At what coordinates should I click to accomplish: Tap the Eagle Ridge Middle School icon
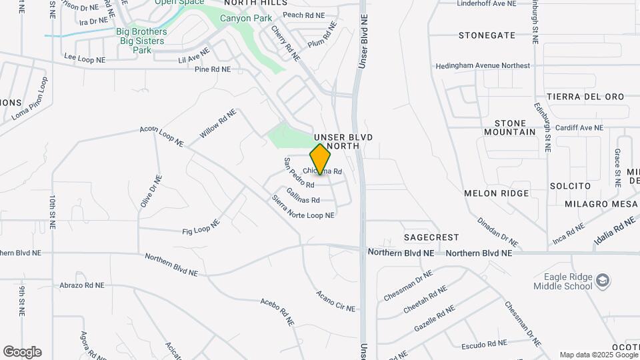[603, 279]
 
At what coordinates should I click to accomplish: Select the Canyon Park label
[246, 18]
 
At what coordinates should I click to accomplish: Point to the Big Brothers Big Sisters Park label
[141, 40]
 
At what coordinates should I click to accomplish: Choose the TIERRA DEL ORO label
[585, 97]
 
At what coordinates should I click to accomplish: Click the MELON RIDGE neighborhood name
[496, 193]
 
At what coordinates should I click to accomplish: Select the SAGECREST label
[431, 237]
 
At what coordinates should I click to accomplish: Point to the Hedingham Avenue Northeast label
[483, 66]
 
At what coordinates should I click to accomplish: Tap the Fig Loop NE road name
[201, 227]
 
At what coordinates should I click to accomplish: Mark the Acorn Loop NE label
[161, 135]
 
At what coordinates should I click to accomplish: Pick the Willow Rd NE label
[218, 124]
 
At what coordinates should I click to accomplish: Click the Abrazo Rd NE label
[80, 285]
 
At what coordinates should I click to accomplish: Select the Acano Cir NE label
[336, 301]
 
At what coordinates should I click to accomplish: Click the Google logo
[22, 352]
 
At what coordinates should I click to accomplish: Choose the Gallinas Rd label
[303, 195]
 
